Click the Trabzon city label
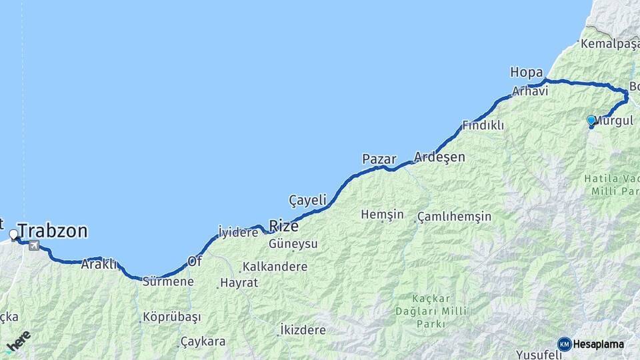pyautogui.click(x=53, y=231)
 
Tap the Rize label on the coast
pyautogui.click(x=283, y=225)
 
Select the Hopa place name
pyautogui.click(x=526, y=71)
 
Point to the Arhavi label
pyautogui.click(x=530, y=91)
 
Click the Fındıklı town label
pyautogui.click(x=483, y=125)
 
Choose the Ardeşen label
pyautogui.click(x=439, y=157)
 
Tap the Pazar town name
pyautogui.click(x=379, y=159)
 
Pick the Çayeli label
pyautogui.click(x=307, y=199)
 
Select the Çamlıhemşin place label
pyautogui.click(x=455, y=217)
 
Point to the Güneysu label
pyautogui.click(x=293, y=244)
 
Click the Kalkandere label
pyautogui.click(x=275, y=267)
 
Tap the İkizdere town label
pyautogui.click(x=303, y=330)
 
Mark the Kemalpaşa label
pyautogui.click(x=609, y=44)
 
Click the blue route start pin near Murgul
pyautogui.click(x=591, y=121)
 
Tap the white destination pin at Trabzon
pyautogui.click(x=14, y=235)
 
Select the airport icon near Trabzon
pyautogui.click(x=34, y=246)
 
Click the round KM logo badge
pyautogui.click(x=565, y=344)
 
